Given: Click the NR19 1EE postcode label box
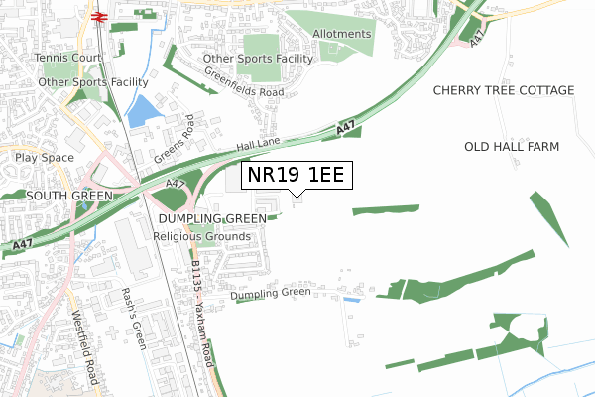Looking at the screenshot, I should click(x=296, y=176).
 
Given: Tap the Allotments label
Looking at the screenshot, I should click(x=341, y=34).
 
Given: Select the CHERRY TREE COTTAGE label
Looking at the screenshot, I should click(x=504, y=90).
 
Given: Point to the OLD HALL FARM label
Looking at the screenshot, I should click(x=512, y=147).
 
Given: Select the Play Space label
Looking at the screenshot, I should click(x=45, y=157).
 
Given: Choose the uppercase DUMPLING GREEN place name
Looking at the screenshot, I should click(x=210, y=218).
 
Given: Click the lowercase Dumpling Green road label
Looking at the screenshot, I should click(x=271, y=294).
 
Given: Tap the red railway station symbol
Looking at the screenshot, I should click(x=100, y=16).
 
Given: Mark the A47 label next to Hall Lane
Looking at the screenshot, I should click(x=344, y=128).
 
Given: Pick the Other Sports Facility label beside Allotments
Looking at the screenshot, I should click(x=258, y=59).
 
